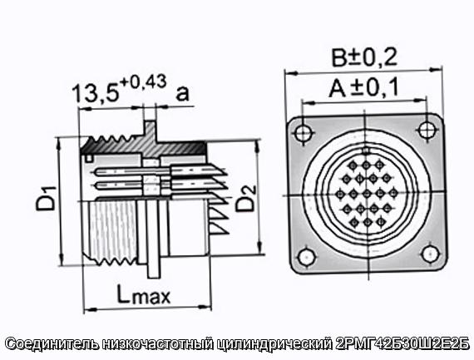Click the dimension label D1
pyautogui.click(x=46, y=198)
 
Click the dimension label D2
pyautogui.click(x=246, y=198)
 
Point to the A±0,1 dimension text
pyautogui.click(x=363, y=88)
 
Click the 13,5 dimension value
pyautogui.click(x=95, y=93)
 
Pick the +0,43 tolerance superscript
pyautogui.click(x=143, y=81)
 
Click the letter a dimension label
pyautogui.click(x=182, y=93)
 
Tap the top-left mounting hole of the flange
pyautogui.click(x=304, y=133)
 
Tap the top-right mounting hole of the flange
pyautogui.click(x=427, y=130)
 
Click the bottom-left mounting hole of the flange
pyautogui.click(x=307, y=257)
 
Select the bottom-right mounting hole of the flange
pyautogui.click(x=431, y=254)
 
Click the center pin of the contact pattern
pyautogui.click(x=367, y=194)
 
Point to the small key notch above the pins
pyautogui.click(x=366, y=150)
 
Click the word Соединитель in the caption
pyautogui.click(x=52, y=344)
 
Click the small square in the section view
pyautogui.click(x=89, y=158)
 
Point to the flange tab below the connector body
pyautogui.click(x=153, y=267)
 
